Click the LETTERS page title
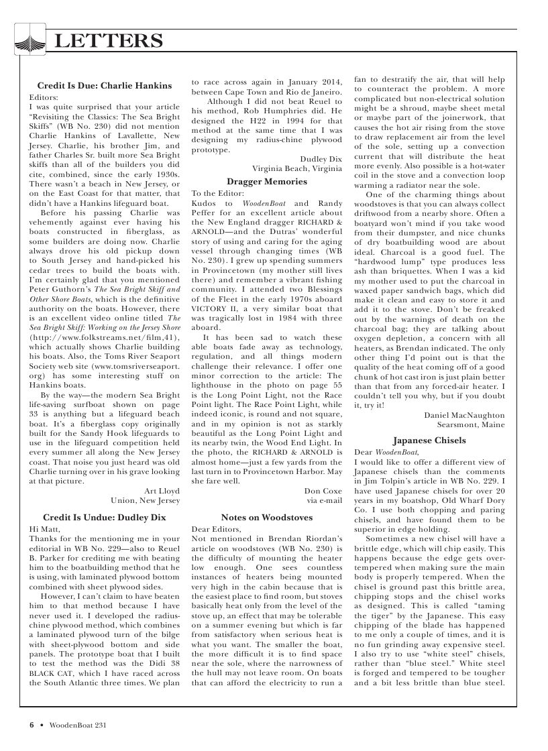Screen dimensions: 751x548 pos(108,42)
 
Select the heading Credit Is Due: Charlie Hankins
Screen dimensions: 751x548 pos(104,86)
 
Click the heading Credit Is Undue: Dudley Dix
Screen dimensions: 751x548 pos(104,518)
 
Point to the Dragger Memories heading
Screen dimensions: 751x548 pos(267,181)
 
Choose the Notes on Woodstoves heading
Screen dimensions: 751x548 pos(267,518)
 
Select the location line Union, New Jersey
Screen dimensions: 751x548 pos(146,500)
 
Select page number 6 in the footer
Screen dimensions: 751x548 pos(31,724)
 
